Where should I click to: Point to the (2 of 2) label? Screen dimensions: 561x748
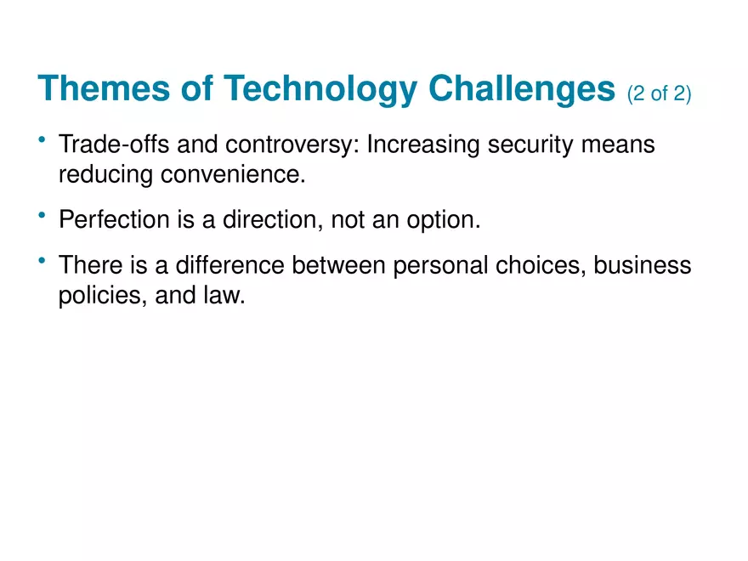659,94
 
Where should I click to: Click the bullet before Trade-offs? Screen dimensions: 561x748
42,139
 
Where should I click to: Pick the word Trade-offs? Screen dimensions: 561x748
105,145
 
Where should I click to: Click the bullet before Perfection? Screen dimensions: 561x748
42,214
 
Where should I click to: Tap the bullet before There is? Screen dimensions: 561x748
42,260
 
